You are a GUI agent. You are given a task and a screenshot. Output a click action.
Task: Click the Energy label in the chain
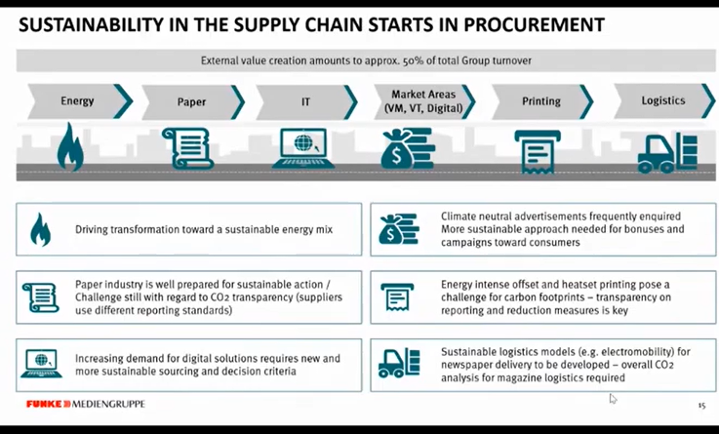(x=77, y=100)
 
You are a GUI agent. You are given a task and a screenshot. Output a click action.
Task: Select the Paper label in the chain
(x=191, y=100)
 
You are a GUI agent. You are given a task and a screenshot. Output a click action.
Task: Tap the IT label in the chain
(x=306, y=100)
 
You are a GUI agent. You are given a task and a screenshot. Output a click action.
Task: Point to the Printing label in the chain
(x=541, y=100)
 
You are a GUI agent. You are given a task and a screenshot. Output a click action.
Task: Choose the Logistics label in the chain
(x=662, y=100)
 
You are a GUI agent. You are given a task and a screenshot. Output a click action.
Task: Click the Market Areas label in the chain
(x=420, y=100)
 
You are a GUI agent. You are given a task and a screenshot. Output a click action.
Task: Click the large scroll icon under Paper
(x=186, y=147)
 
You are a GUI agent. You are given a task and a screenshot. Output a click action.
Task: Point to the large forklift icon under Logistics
(x=668, y=151)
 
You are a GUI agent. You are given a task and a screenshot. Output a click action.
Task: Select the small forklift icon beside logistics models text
(x=399, y=364)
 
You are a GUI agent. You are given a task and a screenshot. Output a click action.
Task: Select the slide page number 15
(x=700, y=405)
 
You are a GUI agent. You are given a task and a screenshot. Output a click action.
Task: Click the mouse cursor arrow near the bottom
(x=614, y=398)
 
